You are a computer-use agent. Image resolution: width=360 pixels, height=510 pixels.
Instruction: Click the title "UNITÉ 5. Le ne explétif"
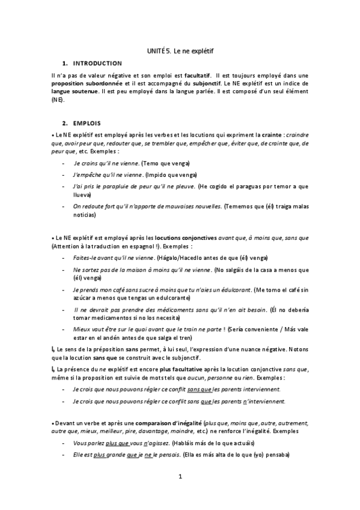pyautogui.click(x=180, y=53)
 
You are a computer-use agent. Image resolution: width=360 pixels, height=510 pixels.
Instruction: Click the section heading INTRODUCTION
pyautogui.click(x=96, y=63)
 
